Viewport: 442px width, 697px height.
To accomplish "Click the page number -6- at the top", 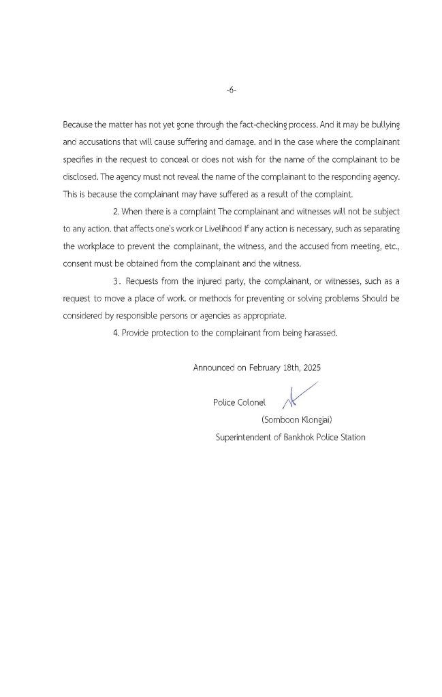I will (x=230, y=90).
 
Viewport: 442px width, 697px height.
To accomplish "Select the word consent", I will (x=78, y=263).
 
